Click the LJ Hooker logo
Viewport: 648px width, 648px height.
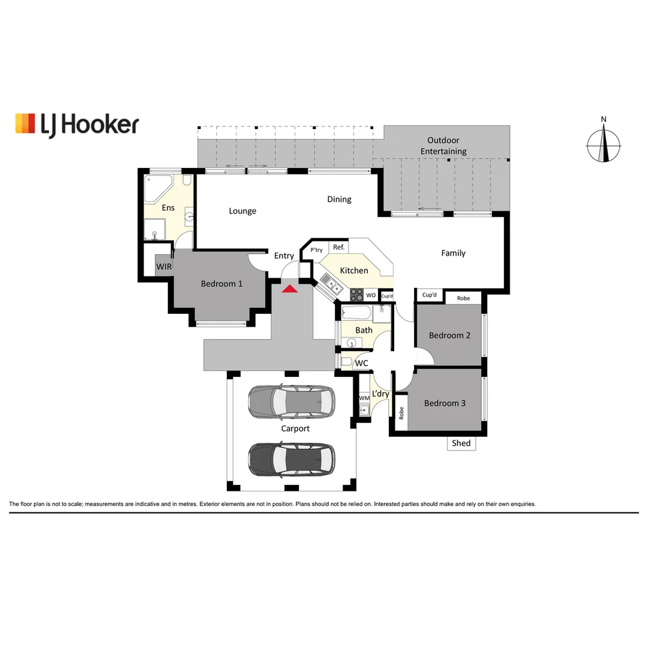[77, 124]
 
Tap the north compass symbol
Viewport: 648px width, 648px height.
[604, 145]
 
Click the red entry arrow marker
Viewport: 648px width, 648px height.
[290, 289]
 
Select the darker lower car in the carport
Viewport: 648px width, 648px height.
[292, 459]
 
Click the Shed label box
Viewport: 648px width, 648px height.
[461, 443]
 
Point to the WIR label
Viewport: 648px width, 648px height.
[164, 266]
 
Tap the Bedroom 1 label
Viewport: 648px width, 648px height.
[221, 283]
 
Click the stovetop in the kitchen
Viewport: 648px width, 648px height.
[357, 295]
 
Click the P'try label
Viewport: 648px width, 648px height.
[316, 250]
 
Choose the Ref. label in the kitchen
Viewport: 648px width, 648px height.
[338, 247]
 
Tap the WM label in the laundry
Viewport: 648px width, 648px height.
[364, 398]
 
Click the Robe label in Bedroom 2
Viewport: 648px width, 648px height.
[463, 298]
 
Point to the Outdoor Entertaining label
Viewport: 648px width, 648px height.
[443, 146]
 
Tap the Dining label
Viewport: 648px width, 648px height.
[339, 199]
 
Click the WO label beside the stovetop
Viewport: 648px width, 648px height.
[371, 295]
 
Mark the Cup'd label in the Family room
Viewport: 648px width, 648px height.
[430, 295]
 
